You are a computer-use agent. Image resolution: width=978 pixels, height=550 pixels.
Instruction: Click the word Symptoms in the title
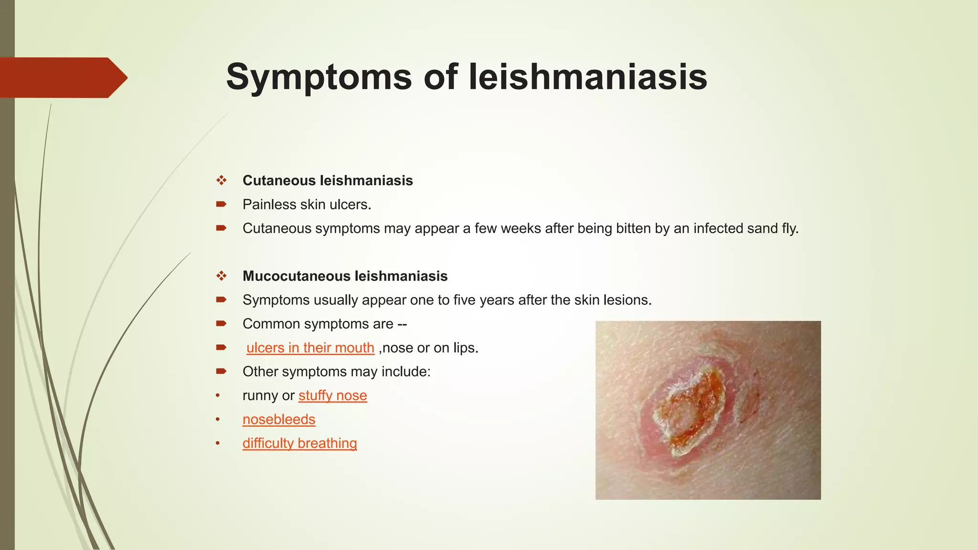[x=319, y=77]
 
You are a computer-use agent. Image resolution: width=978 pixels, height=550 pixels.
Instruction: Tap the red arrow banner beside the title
[x=62, y=77]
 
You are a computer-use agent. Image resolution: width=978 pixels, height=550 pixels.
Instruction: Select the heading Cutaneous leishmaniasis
[x=328, y=180]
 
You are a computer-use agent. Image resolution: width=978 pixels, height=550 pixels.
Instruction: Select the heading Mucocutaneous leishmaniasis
[x=345, y=276]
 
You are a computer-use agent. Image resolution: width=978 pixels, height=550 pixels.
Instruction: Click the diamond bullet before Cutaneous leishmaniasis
[x=221, y=180]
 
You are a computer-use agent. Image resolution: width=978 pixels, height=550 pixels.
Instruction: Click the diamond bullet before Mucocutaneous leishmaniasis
[x=221, y=276]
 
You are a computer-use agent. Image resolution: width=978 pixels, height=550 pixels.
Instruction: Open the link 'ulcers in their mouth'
[x=310, y=348]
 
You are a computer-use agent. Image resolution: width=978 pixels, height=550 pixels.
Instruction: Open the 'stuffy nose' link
[x=332, y=395]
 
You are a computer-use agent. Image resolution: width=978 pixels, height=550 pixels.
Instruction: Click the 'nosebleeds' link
[x=279, y=419]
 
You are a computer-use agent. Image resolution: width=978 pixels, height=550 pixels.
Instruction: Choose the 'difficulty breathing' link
[x=299, y=443]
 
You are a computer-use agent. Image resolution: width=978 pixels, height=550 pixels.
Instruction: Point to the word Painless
[x=269, y=204]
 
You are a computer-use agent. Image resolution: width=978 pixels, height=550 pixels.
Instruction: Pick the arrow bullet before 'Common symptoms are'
[x=221, y=324]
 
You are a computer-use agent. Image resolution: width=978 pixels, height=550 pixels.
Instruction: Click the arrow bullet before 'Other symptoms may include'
[x=221, y=371]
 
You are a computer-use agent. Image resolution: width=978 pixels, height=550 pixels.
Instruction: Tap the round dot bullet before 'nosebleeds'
[x=218, y=419]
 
